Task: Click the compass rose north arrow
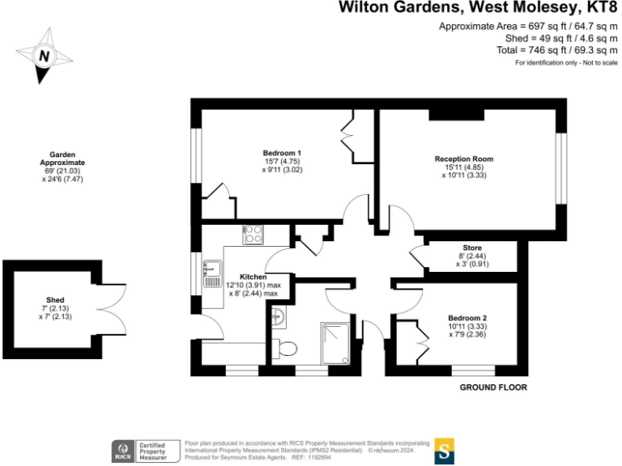click(x=44, y=56)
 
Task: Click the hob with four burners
click(x=253, y=235)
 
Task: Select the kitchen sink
click(x=212, y=273)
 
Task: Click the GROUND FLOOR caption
click(x=493, y=388)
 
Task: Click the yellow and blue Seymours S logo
click(x=444, y=451)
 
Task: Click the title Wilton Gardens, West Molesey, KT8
click(x=478, y=9)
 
